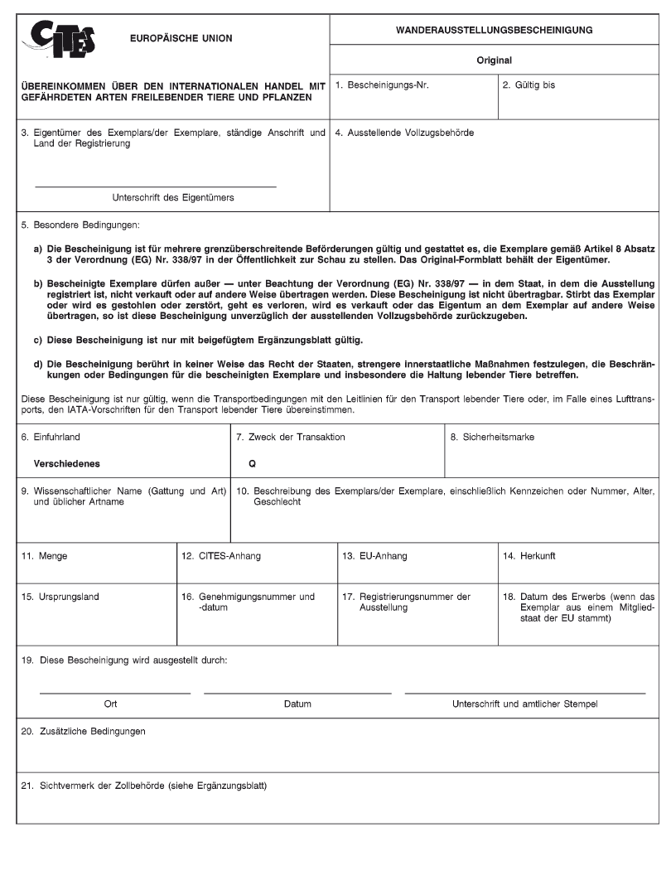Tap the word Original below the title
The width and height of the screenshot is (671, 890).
tap(495, 60)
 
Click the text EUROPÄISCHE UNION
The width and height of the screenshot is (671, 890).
tap(181, 38)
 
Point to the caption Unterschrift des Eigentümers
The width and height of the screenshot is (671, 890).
tap(172, 197)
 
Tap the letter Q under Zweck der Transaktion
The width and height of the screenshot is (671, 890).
tap(252, 464)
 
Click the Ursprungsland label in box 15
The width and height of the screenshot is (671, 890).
tap(59, 596)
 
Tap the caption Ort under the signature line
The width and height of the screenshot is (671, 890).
tap(110, 704)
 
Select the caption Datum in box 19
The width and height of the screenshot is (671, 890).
tap(297, 704)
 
